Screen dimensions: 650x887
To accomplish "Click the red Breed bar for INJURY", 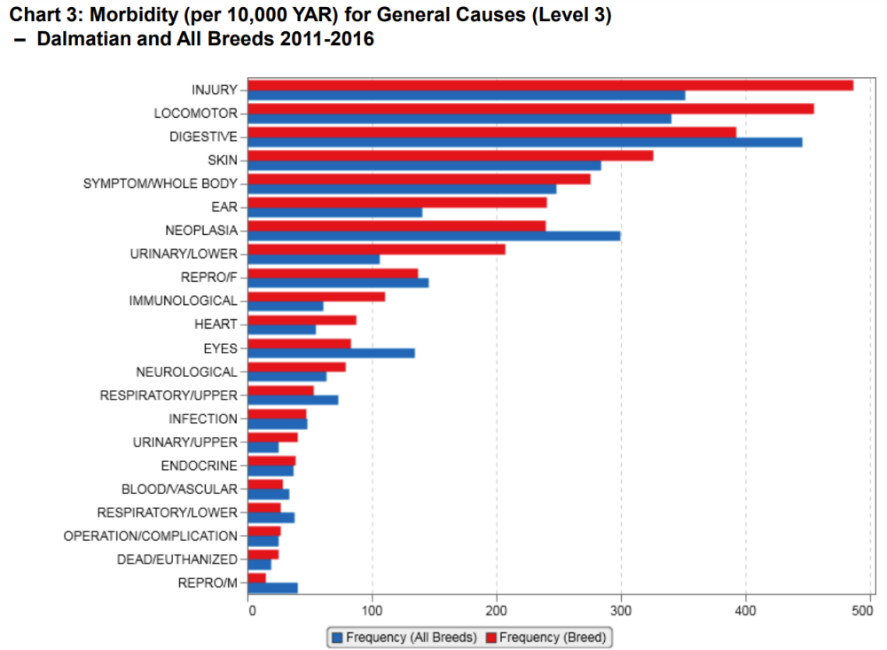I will (x=550, y=85).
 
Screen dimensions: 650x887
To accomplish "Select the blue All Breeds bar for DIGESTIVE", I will (x=525, y=142).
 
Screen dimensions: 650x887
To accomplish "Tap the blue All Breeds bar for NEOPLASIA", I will (x=434, y=236).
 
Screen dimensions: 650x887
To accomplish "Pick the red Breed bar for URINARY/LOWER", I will (x=376, y=249).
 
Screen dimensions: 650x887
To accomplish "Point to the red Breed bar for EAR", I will (x=396, y=202).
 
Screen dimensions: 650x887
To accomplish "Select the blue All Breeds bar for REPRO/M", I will (x=273, y=587).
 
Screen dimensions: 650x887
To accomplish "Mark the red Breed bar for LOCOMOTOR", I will (x=530, y=108).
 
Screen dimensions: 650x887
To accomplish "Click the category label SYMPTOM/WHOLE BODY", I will (x=161, y=184).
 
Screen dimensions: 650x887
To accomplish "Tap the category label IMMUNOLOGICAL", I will (x=184, y=301).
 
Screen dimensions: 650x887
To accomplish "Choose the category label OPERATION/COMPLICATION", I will (x=151, y=536).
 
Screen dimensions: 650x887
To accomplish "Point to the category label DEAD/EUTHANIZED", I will (x=177, y=560).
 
